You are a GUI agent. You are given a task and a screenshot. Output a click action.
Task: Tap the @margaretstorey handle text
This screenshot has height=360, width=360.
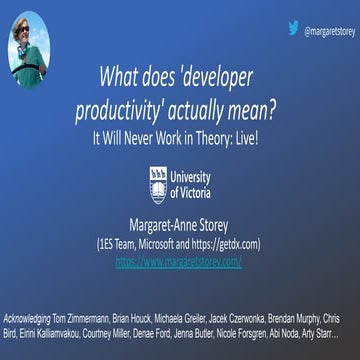pos(328,31)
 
